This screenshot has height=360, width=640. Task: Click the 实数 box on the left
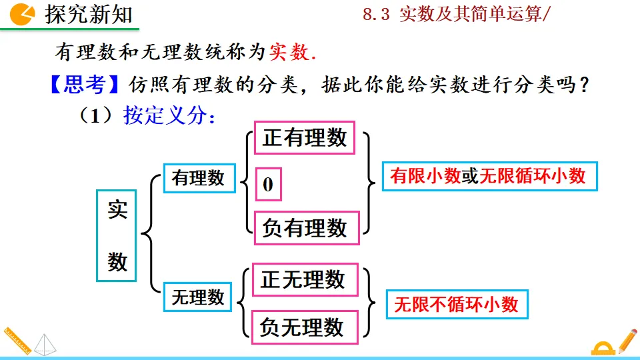tap(117, 235)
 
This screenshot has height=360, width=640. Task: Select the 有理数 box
tap(198, 178)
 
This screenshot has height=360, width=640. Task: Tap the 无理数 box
tap(198, 297)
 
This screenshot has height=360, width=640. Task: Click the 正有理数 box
tap(305, 138)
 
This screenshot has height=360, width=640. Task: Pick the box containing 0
tap(269, 185)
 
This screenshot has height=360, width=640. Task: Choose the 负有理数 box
tap(305, 228)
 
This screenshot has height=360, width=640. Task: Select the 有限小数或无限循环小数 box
tap(489, 175)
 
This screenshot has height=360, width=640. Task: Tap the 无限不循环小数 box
tap(457, 305)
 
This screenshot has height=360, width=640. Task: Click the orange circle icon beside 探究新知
tap(24, 13)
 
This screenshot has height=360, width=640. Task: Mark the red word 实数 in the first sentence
tap(289, 53)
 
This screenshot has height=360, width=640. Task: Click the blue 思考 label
tap(86, 85)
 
